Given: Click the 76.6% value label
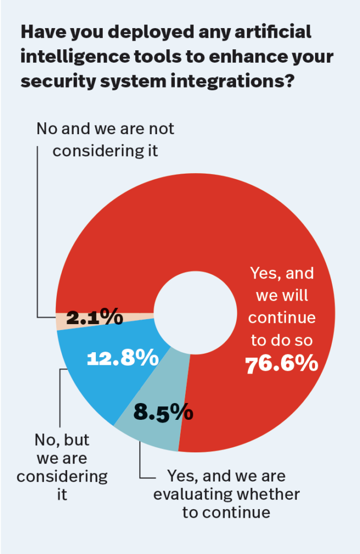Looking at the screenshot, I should tap(282, 365).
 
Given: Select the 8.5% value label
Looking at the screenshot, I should tap(163, 412).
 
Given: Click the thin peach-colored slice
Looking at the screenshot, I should tap(61, 322).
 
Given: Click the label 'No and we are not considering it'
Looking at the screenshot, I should tap(105, 139).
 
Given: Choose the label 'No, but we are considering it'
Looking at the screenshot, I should tap(62, 467).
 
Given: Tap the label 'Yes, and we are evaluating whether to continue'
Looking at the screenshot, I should tap(226, 493).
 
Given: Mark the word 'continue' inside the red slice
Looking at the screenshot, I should tap(282, 318).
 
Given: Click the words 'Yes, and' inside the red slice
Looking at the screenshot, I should tap(282, 273).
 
